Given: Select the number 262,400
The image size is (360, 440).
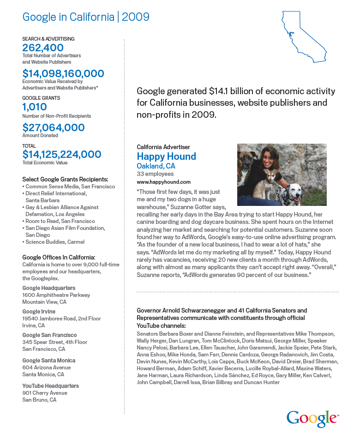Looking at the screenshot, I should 43,48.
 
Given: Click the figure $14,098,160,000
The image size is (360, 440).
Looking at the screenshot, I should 63,73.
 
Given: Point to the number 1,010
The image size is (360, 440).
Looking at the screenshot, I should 35,107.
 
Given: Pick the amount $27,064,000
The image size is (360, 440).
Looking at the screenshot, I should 54,127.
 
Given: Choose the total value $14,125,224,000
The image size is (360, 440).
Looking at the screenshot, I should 62,154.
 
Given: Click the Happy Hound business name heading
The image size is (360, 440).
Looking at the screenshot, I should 166,157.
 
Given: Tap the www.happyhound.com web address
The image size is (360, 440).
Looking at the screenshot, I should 163,182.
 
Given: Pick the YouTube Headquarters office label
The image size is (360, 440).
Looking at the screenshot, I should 51,386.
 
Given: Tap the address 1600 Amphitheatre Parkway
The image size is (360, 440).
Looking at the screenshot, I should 56,295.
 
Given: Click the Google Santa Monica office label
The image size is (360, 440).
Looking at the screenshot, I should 49,360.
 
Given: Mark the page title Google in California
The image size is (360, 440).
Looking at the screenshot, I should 68,18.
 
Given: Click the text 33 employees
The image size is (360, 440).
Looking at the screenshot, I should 155,174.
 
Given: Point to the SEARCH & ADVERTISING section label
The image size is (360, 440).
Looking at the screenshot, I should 48,39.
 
